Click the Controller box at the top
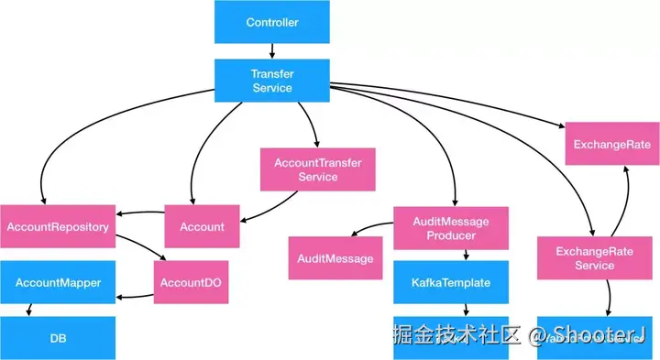(x=271, y=22)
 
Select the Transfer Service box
(x=271, y=80)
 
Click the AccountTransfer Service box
(x=317, y=169)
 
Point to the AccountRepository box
(x=58, y=226)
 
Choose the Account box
(x=202, y=226)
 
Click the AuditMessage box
(x=335, y=258)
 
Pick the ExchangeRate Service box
(x=594, y=258)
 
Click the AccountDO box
(x=192, y=282)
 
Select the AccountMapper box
(x=58, y=283)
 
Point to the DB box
(x=58, y=338)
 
